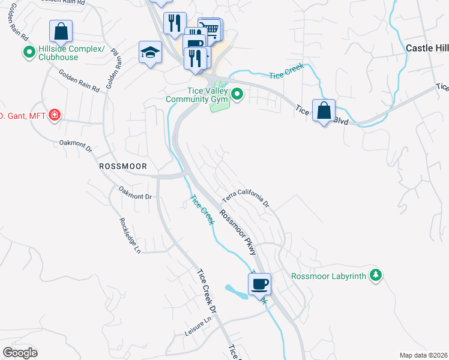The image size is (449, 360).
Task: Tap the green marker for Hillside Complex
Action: tap(28, 53)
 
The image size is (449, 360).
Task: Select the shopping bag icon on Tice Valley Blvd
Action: tap(324, 110)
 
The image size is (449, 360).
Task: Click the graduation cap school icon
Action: tap(150, 52)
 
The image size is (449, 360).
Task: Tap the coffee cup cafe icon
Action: tap(259, 284)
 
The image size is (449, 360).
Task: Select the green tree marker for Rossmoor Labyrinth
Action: tap(376, 275)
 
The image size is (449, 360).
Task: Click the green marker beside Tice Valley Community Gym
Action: tap(237, 94)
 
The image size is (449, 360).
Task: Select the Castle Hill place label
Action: tap(427, 47)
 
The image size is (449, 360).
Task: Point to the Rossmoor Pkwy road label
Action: tap(238, 232)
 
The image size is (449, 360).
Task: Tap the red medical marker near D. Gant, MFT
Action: tap(55, 114)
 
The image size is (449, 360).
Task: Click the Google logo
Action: tap(20, 352)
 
